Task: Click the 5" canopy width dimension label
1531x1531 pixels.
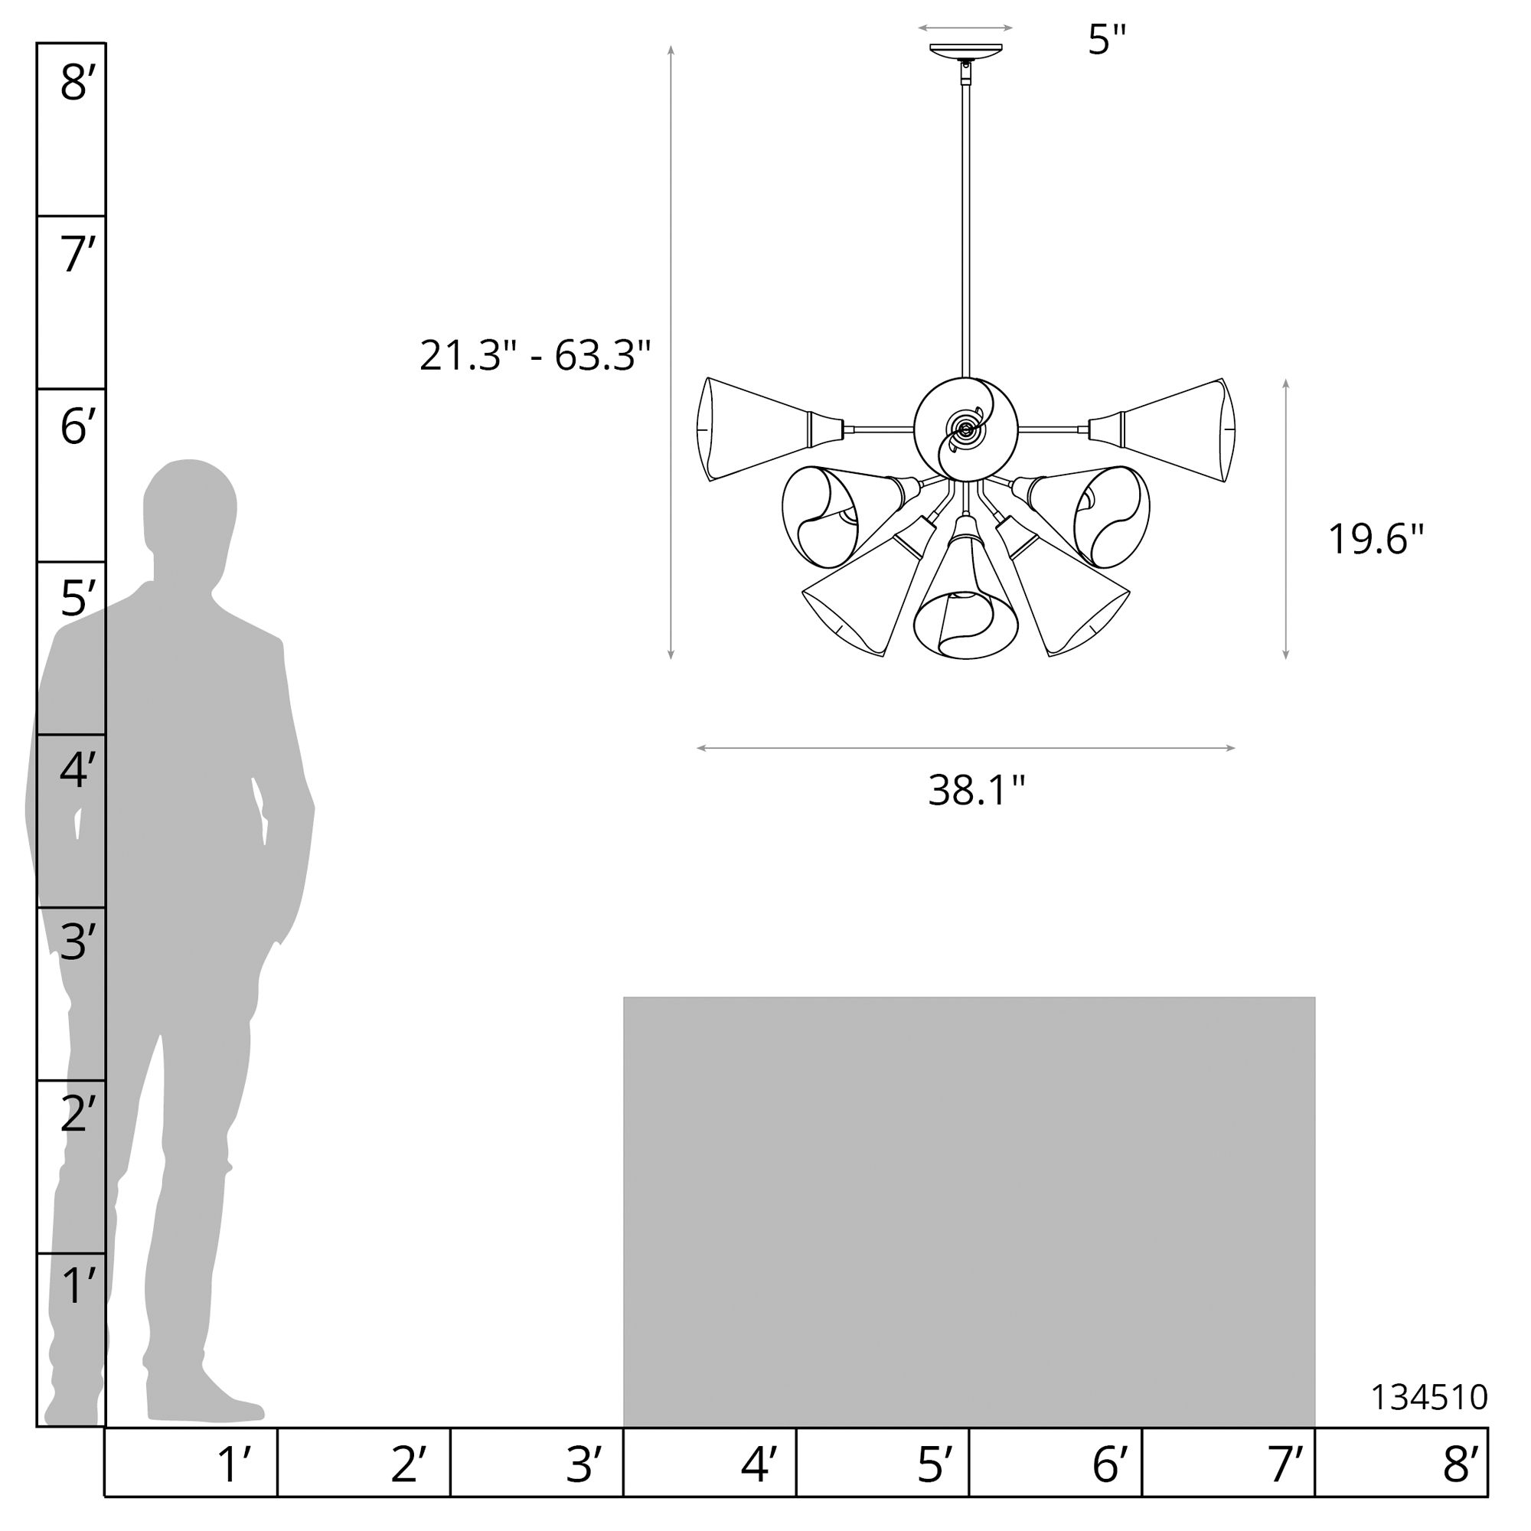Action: [x=1107, y=39]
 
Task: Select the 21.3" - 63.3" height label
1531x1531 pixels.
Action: [x=535, y=355]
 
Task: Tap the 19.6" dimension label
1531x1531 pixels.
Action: [x=1376, y=539]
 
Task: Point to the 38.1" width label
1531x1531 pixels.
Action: [x=976, y=790]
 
